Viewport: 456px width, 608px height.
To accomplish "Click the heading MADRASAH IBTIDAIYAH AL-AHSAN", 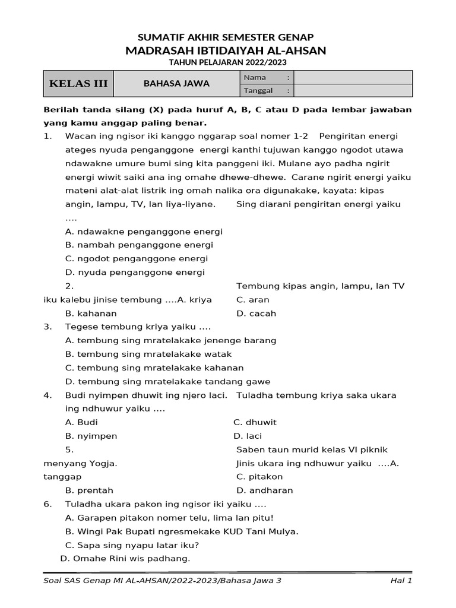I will tap(226, 50).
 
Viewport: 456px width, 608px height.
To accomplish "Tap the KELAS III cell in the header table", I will tap(78, 84).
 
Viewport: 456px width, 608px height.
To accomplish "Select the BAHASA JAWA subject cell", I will tap(176, 84).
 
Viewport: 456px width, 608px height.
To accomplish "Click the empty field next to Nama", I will tap(353, 77).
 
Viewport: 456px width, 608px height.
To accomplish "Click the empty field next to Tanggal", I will tap(353, 90).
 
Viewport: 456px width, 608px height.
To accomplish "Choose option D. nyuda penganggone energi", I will tap(135, 273).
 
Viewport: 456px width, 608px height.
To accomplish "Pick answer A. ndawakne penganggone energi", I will tap(144, 232).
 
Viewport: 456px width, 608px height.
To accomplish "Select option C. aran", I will tap(252, 300).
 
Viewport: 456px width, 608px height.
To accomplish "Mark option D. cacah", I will tap(256, 313).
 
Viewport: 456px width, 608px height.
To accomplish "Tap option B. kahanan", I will tap(91, 313).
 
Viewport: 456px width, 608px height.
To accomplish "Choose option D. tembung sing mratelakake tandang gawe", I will tap(167, 382).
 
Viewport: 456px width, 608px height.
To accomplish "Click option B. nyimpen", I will tap(91, 436).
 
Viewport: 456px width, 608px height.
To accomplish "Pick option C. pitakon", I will tap(259, 477).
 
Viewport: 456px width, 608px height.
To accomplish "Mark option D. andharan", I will tap(264, 490).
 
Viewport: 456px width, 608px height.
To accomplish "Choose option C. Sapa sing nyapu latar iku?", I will tap(132, 545).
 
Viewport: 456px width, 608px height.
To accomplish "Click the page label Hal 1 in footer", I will tap(401, 581).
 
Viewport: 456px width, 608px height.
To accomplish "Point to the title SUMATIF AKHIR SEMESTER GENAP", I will tap(226, 37).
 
